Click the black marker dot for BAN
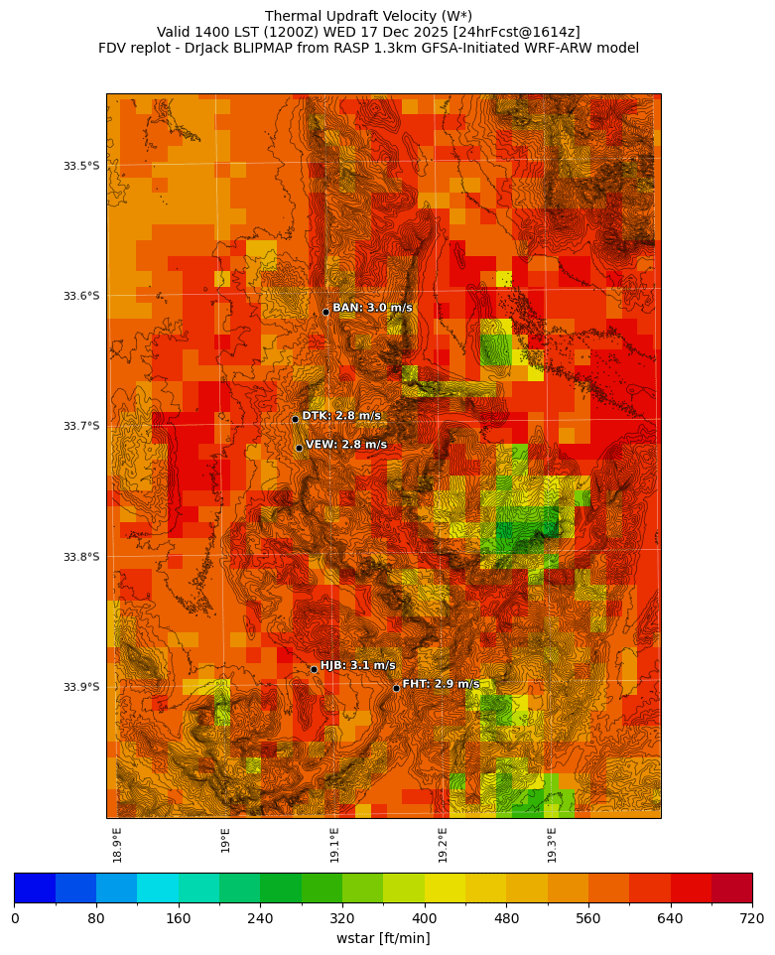coord(325,312)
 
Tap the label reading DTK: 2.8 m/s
coord(341,416)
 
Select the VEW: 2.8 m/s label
coord(346,445)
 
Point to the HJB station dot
coord(314,669)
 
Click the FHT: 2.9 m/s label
coord(441,684)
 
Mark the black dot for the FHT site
coord(396,688)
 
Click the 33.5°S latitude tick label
coord(81,166)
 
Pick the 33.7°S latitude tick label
coord(81,426)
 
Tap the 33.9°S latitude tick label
coord(81,687)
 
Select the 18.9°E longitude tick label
coord(118,845)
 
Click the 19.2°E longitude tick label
coord(444,845)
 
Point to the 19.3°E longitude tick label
coord(552,845)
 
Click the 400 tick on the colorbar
coord(425,918)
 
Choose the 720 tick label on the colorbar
coord(751,918)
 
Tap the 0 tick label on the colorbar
coord(15,918)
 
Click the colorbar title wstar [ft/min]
coord(383,938)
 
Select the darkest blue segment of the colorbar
coord(35,887)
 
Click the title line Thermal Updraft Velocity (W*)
coord(368,16)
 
